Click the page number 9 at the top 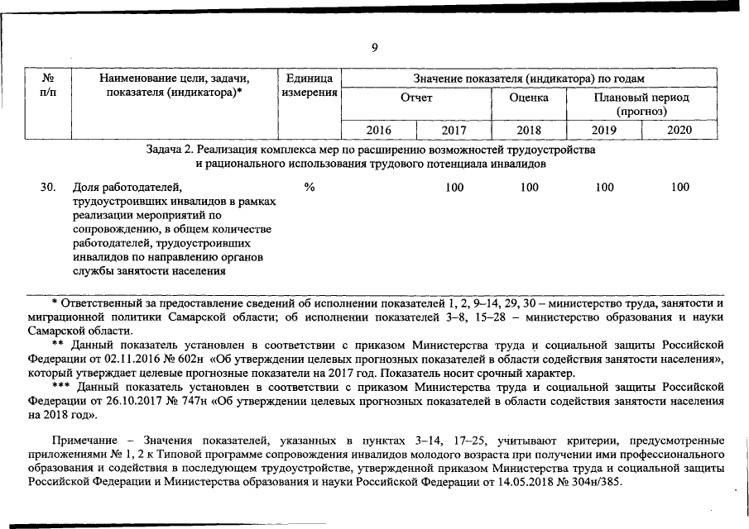click(x=374, y=47)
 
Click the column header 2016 click(x=378, y=130)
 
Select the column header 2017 click(x=454, y=130)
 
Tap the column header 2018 click(x=529, y=130)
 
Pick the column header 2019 click(x=604, y=130)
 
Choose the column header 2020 click(x=679, y=130)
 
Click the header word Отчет click(x=416, y=98)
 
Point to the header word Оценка click(x=529, y=98)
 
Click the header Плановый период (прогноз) click(x=641, y=104)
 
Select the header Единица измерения click(x=309, y=85)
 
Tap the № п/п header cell click(x=47, y=85)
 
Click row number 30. click(x=48, y=188)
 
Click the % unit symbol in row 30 click(x=309, y=188)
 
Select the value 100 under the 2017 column click(x=454, y=188)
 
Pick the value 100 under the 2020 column click(x=679, y=188)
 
